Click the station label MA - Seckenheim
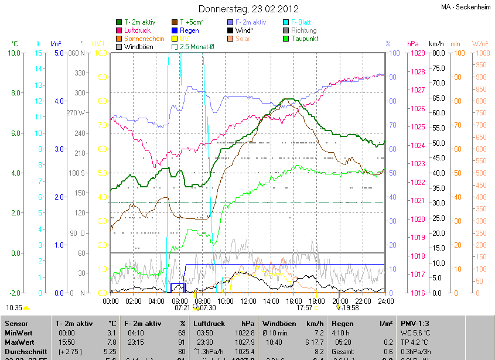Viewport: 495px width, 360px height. (x=466, y=7)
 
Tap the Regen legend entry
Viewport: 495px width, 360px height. (x=189, y=30)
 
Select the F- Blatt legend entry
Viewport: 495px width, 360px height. (x=301, y=22)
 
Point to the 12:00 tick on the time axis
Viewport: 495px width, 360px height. (x=248, y=301)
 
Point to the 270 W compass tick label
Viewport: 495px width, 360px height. (x=76, y=113)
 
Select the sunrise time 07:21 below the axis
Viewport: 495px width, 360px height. (x=182, y=307)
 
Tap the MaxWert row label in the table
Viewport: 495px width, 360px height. (x=19, y=342)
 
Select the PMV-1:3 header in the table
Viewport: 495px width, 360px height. (x=416, y=323)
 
